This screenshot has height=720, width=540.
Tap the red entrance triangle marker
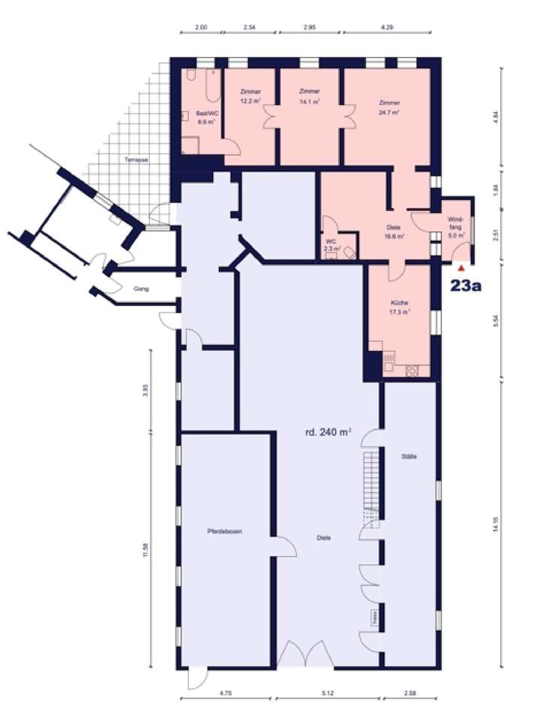(462, 265)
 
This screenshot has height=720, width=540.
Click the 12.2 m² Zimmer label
(250, 97)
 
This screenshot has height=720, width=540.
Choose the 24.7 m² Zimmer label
(389, 107)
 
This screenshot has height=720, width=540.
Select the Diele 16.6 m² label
(395, 232)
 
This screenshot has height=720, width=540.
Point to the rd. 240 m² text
(328, 431)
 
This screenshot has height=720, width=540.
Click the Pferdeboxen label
(224, 532)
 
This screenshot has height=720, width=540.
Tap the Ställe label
(409, 457)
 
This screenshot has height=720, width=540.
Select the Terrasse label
(136, 160)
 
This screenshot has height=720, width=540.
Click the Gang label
(139, 287)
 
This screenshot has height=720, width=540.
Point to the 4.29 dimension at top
(387, 28)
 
